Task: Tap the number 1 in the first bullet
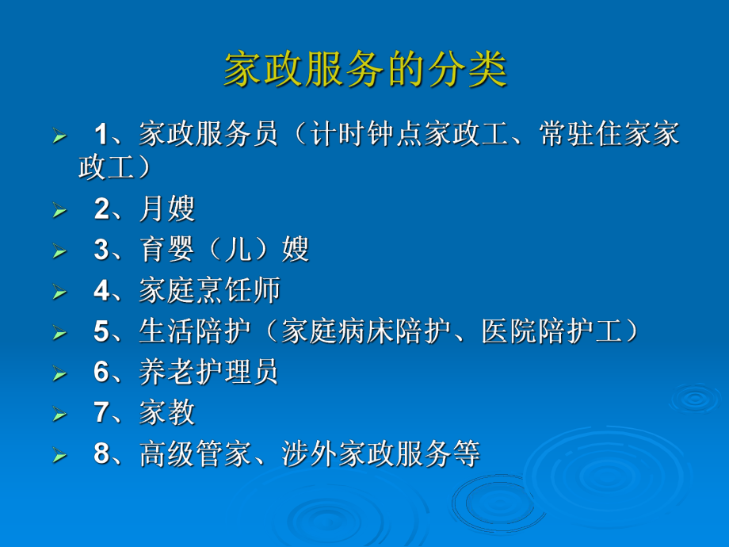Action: (101, 133)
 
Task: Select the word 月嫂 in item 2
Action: (167, 209)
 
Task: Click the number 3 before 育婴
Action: (101, 251)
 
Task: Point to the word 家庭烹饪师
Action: (210, 291)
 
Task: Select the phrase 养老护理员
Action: (210, 373)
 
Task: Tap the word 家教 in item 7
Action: (167, 414)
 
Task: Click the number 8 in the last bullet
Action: (101, 454)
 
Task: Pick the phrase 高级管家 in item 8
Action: (196, 454)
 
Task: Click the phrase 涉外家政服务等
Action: (381, 454)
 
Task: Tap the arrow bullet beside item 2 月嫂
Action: (59, 211)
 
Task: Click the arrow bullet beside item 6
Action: (59, 374)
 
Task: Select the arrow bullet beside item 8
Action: (59, 456)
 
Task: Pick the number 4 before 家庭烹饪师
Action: (101, 291)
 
